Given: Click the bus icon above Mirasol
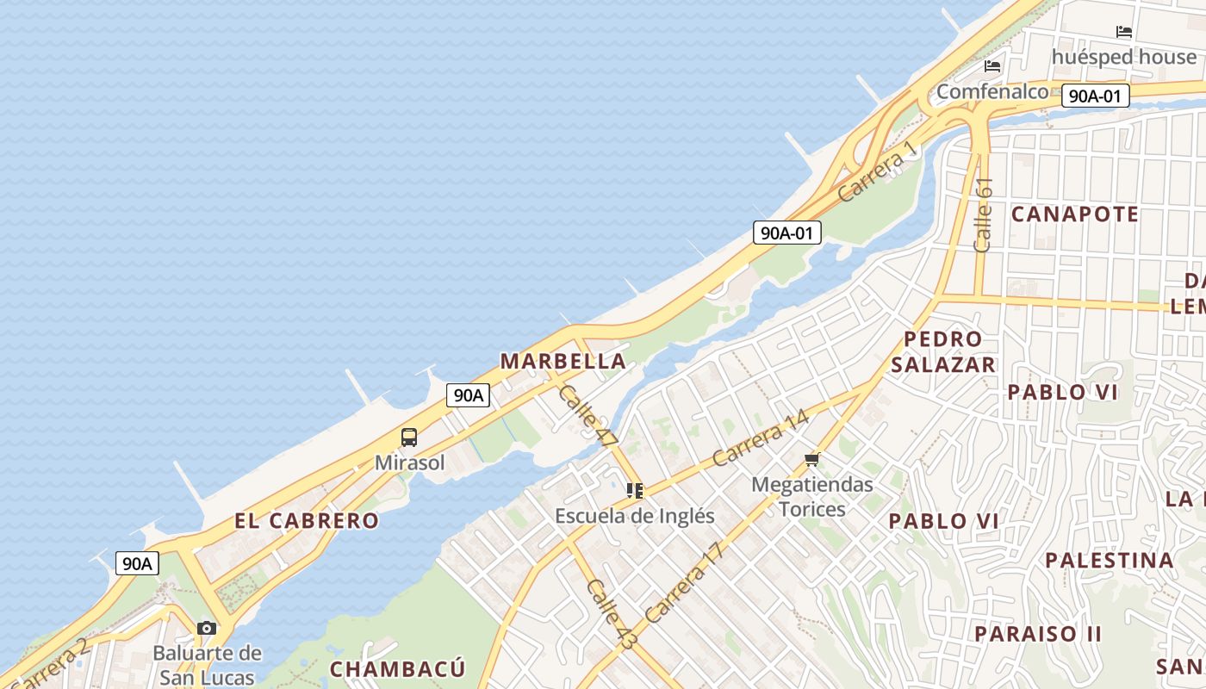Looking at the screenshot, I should point(409,437).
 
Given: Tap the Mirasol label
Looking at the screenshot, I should point(410,463).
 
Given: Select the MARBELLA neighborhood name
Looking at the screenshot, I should point(563,361).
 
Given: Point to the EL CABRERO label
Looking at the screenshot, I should point(307,520).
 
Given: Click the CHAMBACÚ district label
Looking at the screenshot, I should point(398,669).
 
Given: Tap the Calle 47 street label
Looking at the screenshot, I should point(588,415).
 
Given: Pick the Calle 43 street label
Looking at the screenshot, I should point(611,614).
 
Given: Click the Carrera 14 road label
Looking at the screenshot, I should point(761,439).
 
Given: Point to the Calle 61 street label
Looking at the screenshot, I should point(983,214).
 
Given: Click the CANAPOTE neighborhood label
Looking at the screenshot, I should point(1075,214).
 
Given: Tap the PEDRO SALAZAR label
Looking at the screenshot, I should point(943,351).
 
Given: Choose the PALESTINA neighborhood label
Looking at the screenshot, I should point(1110,561).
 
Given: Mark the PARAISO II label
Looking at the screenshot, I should point(1038,634).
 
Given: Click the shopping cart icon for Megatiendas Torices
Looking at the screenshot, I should point(811,460).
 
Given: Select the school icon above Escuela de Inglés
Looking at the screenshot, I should point(635,491).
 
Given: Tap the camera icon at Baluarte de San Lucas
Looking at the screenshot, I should point(207,628).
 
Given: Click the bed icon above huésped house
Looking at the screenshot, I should point(1124,32).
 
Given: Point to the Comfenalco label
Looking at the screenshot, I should point(992,91).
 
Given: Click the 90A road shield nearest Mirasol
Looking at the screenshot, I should point(468,395).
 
